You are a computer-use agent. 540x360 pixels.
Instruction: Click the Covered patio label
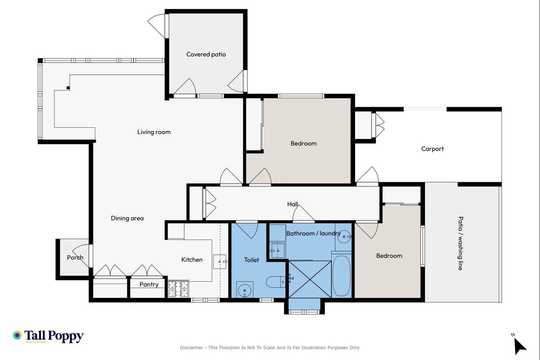[206, 54]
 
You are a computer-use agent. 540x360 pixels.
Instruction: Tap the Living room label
[154, 132]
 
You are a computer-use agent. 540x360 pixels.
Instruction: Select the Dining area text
[127, 218]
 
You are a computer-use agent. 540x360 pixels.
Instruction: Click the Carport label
[432, 149]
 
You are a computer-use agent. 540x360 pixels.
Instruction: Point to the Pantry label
[149, 284]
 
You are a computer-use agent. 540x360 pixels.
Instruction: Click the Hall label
[292, 204]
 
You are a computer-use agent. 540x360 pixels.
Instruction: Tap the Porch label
[75, 257]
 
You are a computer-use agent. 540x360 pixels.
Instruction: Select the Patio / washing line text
[460, 243]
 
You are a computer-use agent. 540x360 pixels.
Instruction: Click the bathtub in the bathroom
[341, 275]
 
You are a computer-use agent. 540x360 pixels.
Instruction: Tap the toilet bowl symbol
[275, 282]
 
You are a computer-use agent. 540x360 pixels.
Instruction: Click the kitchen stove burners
[179, 288]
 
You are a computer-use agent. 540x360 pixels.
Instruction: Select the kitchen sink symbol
[219, 261]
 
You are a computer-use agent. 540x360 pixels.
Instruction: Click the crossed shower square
[310, 279]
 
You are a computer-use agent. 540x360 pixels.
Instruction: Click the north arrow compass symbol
[519, 346]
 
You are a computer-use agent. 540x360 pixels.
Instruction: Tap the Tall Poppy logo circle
[17, 335]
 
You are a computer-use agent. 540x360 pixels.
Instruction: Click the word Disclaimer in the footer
[192, 347]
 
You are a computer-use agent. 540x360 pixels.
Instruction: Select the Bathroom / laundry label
[313, 233]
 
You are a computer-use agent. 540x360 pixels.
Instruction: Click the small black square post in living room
[68, 88]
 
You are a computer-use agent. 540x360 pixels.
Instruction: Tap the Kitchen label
[192, 260]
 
